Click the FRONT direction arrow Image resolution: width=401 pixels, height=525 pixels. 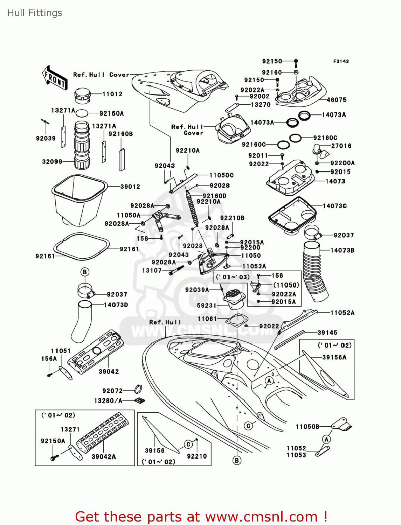(x=55, y=78)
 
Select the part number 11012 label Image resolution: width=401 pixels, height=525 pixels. (x=112, y=94)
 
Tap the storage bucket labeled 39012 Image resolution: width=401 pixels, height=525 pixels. (x=79, y=199)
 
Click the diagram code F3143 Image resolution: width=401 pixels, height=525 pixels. (x=341, y=61)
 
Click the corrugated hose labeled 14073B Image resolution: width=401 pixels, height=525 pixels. (x=315, y=271)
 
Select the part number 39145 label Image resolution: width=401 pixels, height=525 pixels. (x=327, y=333)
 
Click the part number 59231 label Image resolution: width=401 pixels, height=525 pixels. (x=207, y=306)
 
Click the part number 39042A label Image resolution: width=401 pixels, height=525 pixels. (x=104, y=457)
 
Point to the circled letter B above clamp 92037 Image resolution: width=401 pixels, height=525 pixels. (x=84, y=272)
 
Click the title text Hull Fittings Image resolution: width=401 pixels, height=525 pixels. (x=35, y=13)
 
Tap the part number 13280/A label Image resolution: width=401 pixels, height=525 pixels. (x=108, y=401)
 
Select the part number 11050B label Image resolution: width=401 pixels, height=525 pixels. (x=307, y=427)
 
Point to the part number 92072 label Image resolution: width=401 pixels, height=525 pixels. (x=112, y=391)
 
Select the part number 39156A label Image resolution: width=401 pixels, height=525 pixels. (x=334, y=357)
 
